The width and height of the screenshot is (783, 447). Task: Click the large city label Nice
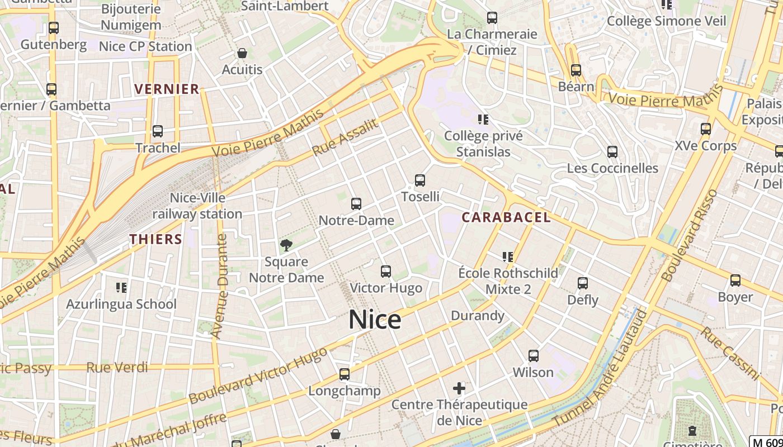(x=375, y=320)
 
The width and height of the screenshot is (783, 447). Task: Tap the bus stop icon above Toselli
(x=420, y=180)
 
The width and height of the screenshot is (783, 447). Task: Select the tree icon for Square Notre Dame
(x=286, y=245)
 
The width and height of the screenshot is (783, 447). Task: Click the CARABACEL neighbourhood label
(x=506, y=218)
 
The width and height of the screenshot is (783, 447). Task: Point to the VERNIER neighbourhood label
(x=167, y=89)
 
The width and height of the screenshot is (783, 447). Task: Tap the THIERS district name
(x=155, y=239)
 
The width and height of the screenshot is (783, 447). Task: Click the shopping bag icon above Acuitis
(x=242, y=54)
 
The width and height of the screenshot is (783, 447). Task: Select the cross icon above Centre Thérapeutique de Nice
(x=459, y=388)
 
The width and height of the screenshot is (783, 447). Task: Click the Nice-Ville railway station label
(x=197, y=206)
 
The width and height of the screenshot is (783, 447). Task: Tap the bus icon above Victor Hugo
(x=386, y=272)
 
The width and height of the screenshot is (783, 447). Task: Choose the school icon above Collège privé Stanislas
(x=483, y=119)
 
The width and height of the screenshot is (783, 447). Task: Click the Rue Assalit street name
(x=345, y=137)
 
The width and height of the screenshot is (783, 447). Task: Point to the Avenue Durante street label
(x=221, y=286)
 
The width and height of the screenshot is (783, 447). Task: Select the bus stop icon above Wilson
(x=534, y=356)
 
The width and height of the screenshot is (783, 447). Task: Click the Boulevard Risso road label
(x=689, y=235)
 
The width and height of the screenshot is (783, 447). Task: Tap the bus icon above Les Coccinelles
(x=612, y=152)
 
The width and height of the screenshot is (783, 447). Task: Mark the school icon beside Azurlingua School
(x=121, y=288)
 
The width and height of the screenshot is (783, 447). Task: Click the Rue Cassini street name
(x=730, y=353)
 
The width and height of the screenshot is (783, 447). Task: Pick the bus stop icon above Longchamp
(x=345, y=374)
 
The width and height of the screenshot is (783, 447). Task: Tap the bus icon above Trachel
(x=158, y=131)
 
